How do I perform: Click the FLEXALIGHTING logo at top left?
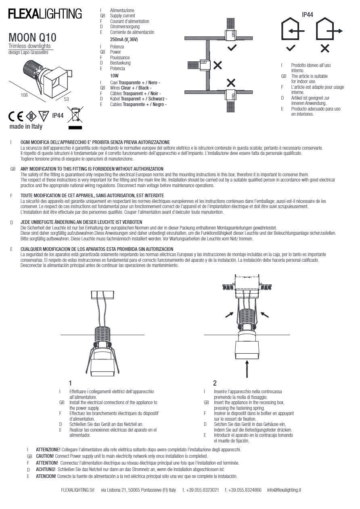[x=45, y=15]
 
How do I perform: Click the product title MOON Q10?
[x=32, y=38]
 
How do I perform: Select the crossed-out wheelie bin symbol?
[x=75, y=115]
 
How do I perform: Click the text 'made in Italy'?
[x=26, y=127]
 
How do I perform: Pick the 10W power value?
[x=115, y=75]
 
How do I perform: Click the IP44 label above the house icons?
[x=308, y=15]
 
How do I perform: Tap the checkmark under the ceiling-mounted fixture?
[x=232, y=48]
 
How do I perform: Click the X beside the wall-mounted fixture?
[x=218, y=65]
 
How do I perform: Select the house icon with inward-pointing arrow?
[x=291, y=30]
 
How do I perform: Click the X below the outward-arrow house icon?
[x=325, y=49]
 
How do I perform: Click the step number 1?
[x=71, y=383]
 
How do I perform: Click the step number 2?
[x=215, y=383]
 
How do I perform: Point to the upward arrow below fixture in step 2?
[x=246, y=369]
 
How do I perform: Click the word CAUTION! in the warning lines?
[x=45, y=456]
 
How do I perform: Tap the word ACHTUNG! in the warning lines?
[x=45, y=469]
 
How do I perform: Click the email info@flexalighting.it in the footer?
[x=284, y=490]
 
